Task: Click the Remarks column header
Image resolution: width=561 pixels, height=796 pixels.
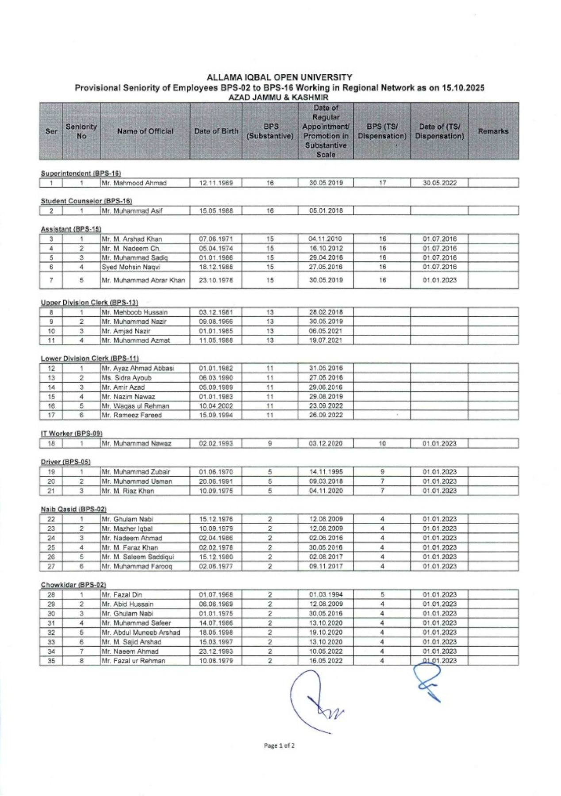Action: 493,131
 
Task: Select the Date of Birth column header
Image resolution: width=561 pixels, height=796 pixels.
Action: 216,131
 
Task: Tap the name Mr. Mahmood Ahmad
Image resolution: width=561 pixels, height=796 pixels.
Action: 134,183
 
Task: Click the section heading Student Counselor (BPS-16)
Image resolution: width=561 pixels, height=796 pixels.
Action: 87,201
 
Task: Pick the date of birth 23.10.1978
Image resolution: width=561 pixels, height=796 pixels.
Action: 216,280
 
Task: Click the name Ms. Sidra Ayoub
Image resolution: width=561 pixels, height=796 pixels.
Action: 127,378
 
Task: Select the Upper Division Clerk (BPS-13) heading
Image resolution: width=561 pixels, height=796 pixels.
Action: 89,302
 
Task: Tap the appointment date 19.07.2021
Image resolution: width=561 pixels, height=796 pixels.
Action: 326,341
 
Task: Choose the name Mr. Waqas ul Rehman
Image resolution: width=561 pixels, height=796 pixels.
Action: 135,406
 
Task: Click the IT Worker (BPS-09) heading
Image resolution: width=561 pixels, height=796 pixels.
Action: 72,433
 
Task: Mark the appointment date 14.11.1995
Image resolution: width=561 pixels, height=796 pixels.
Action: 326,472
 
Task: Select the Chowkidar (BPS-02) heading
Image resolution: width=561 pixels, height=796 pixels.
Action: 73,585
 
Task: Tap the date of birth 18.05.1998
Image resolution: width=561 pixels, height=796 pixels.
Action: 216,633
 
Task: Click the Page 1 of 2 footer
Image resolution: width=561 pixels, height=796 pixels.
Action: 279,746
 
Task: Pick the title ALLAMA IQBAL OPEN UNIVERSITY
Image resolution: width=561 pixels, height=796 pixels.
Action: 280,78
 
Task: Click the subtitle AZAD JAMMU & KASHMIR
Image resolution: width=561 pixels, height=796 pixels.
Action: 278,97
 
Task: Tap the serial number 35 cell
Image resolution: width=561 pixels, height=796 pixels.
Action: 51,661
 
